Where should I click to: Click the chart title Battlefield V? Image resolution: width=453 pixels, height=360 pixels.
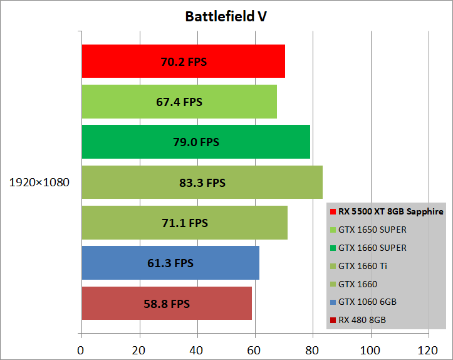pos(226,16)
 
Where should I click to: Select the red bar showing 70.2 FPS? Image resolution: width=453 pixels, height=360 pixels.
pos(183,61)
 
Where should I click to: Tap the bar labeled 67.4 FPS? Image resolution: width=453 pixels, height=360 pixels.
pos(179,102)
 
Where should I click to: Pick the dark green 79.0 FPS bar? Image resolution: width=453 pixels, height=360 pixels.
pos(195,142)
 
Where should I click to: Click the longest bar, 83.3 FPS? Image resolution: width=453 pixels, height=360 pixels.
pos(202,183)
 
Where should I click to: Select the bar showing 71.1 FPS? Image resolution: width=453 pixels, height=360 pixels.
pos(184,223)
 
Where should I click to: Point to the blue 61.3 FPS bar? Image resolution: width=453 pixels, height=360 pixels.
pos(170,263)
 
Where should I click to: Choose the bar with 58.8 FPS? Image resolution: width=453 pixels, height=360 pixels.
pos(166,304)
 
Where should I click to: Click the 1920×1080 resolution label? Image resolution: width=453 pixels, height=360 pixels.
pos(39,183)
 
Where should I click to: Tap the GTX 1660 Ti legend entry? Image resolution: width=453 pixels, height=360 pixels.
pos(362,266)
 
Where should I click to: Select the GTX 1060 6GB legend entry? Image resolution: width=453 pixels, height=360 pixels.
pos(367,302)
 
